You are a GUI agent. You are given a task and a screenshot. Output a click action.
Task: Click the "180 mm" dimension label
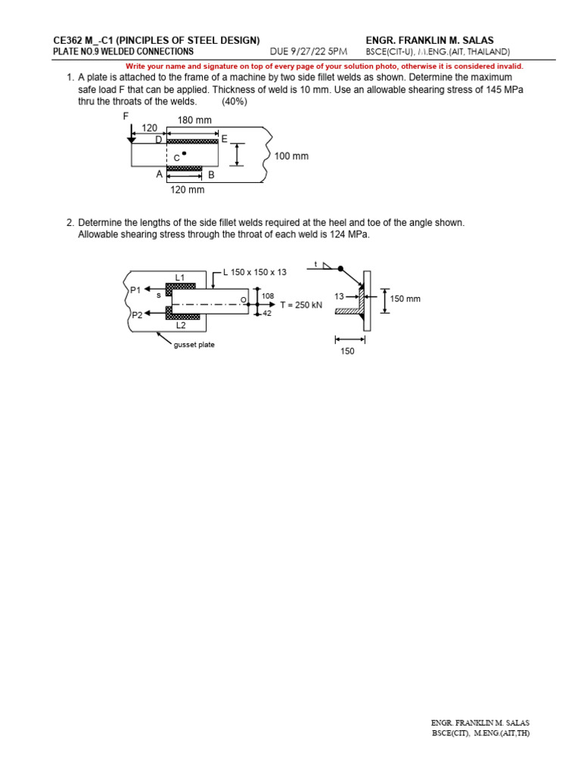[194, 120]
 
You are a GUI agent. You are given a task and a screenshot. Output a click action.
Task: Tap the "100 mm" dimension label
[291, 156]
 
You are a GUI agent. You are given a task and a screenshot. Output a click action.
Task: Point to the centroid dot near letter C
[184, 153]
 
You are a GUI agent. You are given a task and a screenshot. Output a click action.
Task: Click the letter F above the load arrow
[126, 116]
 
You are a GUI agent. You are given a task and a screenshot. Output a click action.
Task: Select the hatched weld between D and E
[192, 141]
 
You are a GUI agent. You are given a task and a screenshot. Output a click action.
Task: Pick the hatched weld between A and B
[185, 168]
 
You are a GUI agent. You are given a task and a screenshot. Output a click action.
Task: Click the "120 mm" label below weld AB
[188, 190]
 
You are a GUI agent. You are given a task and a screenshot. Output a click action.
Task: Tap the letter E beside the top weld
[225, 139]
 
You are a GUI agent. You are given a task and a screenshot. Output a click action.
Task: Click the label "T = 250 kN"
[301, 305]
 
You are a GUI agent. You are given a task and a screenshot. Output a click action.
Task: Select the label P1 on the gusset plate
[135, 289]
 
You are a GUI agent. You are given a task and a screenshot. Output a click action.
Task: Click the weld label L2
[182, 326]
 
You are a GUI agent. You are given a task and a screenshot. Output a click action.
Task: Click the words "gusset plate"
[194, 345]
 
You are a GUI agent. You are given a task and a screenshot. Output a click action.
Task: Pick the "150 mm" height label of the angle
[405, 299]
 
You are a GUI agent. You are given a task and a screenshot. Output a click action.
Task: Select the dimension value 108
[268, 296]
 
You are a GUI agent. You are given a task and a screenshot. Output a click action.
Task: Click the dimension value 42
[267, 312]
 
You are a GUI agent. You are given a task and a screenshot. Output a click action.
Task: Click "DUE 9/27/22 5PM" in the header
[309, 51]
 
